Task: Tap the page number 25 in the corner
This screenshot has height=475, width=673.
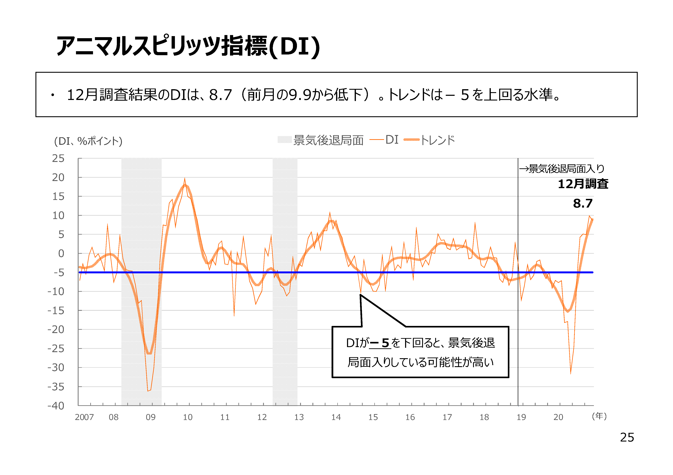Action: [627, 437]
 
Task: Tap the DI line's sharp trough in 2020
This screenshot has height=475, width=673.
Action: [570, 374]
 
